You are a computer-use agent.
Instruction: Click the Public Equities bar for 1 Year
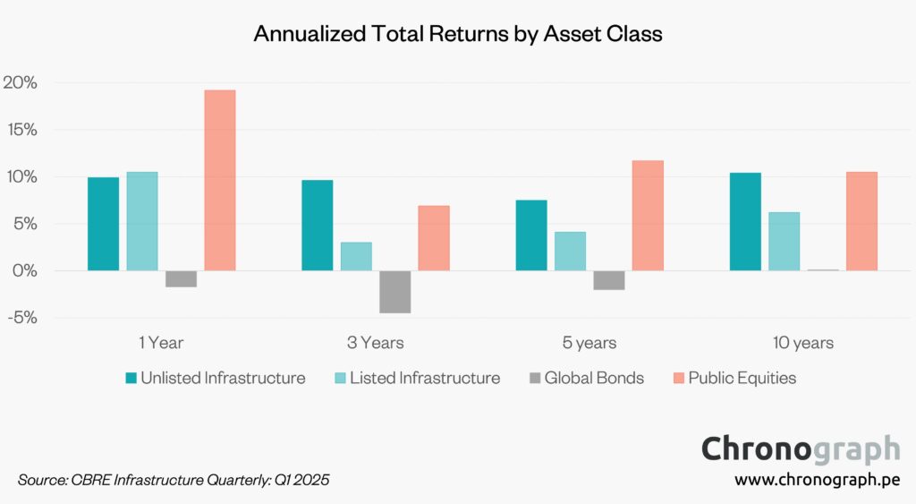(220, 180)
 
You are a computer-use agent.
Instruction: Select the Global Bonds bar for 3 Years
(395, 292)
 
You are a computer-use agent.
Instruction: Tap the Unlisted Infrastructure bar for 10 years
(745, 221)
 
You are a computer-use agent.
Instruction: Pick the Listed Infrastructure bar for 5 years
(570, 251)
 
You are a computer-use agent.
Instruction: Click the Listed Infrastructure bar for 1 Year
(141, 221)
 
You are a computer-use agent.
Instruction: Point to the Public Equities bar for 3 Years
(434, 238)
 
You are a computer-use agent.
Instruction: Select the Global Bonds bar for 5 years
(609, 280)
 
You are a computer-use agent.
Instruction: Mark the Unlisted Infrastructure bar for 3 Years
(317, 225)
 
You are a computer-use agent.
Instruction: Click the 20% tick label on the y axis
(19, 82)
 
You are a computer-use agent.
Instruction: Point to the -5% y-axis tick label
(19, 318)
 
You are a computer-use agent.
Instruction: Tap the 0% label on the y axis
(23, 270)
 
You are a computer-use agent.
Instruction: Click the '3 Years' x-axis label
(376, 343)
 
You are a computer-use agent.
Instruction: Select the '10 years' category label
(803, 343)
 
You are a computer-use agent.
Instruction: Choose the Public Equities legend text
(742, 378)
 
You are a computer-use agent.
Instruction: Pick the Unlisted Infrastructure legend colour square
(131, 378)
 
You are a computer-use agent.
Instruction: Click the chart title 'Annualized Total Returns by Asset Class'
(457, 34)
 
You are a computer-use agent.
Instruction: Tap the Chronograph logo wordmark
(800, 448)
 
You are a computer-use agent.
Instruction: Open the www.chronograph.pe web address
(817, 480)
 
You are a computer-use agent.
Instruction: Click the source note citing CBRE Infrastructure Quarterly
(174, 481)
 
